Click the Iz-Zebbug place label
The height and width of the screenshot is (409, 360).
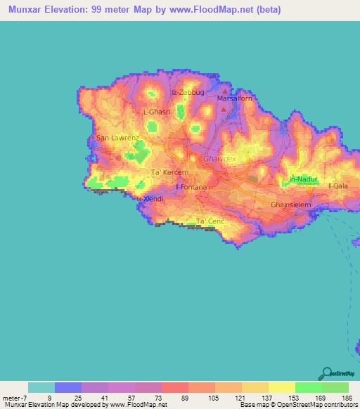pos(187,92)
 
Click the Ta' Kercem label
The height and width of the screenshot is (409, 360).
pos(167,172)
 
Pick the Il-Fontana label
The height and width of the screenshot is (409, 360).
pos(191,188)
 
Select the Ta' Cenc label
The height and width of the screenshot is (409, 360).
pos(210,221)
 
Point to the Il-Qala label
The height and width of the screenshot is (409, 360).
pos(339,186)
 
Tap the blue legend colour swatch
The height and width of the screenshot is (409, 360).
pos(68,387)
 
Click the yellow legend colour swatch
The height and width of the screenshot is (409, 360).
pos(282,387)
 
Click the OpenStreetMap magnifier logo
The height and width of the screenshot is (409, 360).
pos(326,373)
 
